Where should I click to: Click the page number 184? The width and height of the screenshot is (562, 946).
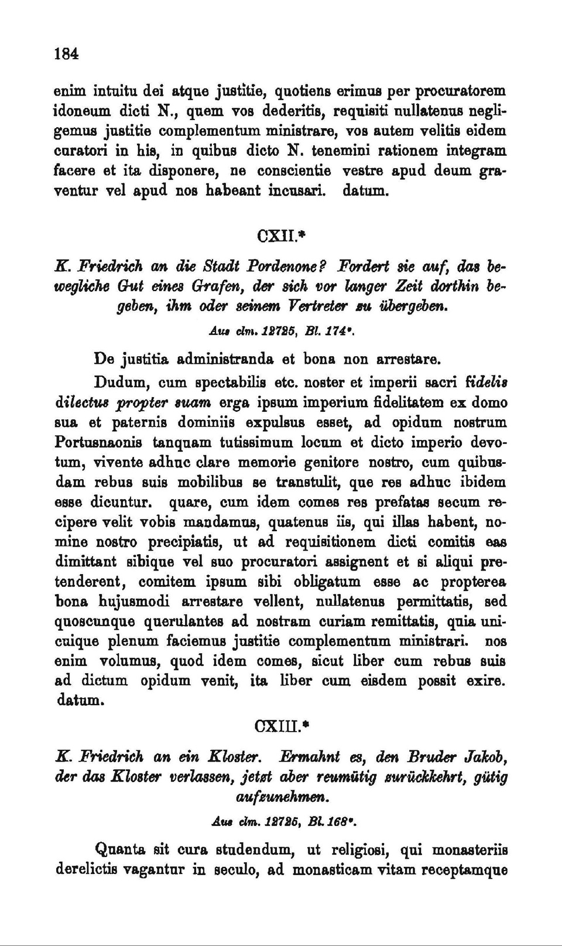coord(66,54)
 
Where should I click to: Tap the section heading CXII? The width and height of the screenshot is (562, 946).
coord(279,236)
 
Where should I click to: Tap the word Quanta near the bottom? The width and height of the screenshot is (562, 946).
coord(120,849)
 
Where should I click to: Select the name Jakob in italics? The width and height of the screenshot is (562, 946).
coord(485,757)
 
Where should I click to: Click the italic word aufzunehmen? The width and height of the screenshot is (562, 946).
coord(282,797)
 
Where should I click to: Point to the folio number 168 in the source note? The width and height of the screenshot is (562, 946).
coord(341,822)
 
